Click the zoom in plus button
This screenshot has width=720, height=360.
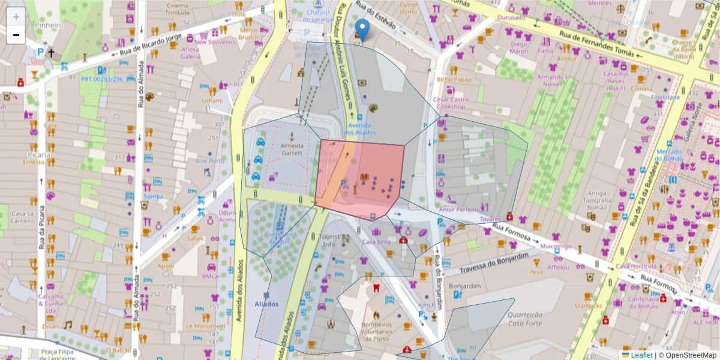click(x=16, y=17)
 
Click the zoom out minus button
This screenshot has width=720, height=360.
click(x=16, y=35)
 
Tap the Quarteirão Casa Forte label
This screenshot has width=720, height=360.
click(x=524, y=319)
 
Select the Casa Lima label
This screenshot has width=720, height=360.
click(x=377, y=241)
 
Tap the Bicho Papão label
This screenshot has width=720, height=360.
click(x=454, y=79)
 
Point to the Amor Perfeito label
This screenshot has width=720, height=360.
click(x=459, y=209)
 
